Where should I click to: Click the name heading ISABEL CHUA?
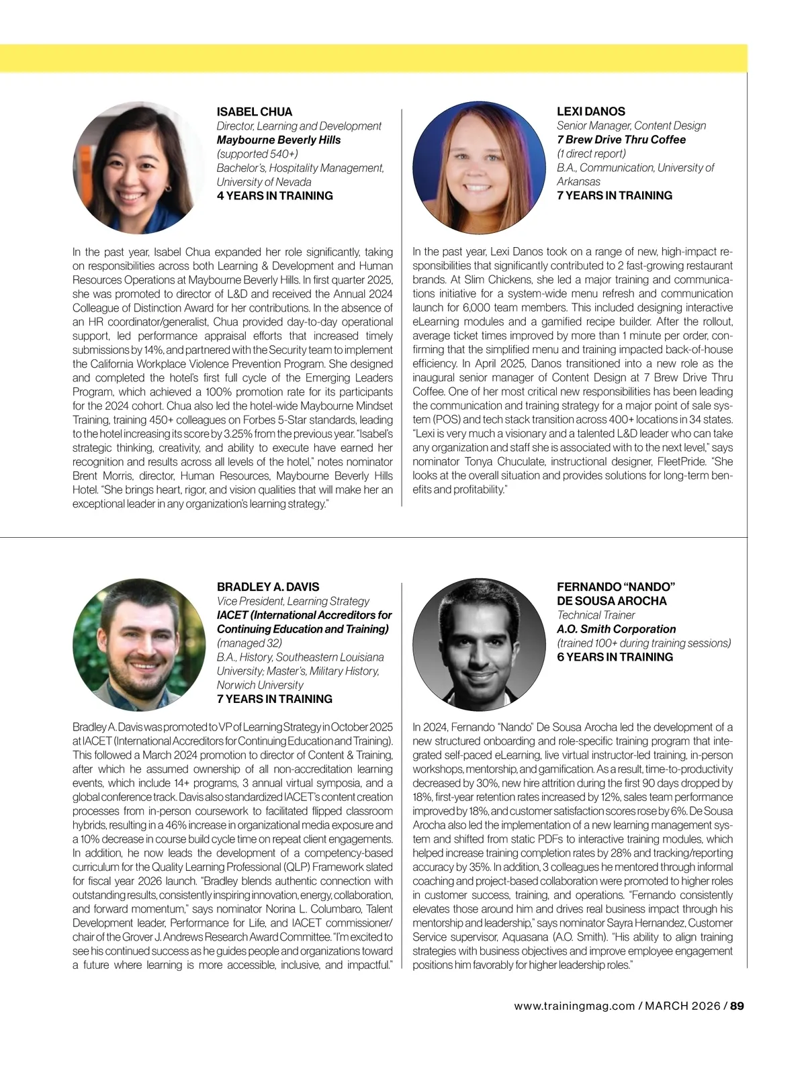coord(254,111)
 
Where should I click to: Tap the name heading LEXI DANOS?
coord(590,111)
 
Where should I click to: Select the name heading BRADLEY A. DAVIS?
coord(268,587)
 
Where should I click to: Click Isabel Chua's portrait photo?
coord(138,168)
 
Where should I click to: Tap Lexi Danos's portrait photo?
coord(478,168)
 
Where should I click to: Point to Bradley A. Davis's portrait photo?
coord(138,645)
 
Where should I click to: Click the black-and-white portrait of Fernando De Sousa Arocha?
coord(478,645)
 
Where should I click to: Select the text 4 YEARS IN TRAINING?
coord(275,196)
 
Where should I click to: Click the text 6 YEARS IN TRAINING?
coord(615,657)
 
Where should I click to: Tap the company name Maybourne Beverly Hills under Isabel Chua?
coord(278,140)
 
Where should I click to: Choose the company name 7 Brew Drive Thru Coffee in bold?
coord(621,140)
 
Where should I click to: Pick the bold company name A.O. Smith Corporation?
coord(616,629)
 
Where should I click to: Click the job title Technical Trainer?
coord(596,615)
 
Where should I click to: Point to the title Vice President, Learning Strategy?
coord(293,601)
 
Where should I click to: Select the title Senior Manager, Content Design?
coord(631,126)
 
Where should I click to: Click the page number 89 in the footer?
coord(737,1006)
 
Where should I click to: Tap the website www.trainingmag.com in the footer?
coord(574,1006)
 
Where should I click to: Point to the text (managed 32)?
coord(249,643)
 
